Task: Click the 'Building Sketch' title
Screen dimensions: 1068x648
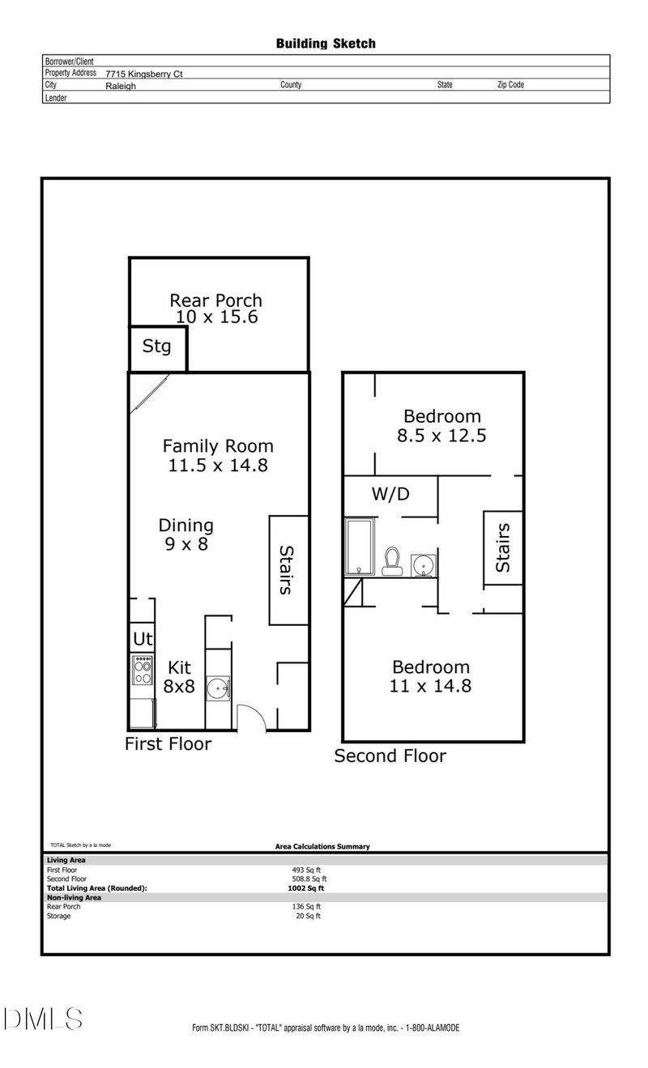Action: click(326, 44)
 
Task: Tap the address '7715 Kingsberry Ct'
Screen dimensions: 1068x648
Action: click(144, 74)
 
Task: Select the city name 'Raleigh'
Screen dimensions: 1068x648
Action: click(121, 85)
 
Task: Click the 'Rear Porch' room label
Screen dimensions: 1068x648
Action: click(215, 300)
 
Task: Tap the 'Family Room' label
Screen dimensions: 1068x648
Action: click(218, 445)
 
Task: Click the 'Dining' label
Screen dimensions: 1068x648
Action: click(186, 525)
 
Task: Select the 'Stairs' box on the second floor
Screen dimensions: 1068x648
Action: click(503, 548)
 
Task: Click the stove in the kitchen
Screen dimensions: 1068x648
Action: click(143, 670)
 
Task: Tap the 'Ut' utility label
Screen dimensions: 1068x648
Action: click(143, 639)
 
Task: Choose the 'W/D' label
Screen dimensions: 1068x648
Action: click(390, 495)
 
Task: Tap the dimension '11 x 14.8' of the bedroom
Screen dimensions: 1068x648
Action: click(431, 687)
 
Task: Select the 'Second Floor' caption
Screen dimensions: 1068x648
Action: click(390, 756)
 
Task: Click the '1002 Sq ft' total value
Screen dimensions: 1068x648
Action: click(301, 888)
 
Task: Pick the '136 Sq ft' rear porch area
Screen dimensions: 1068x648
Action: click(308, 906)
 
